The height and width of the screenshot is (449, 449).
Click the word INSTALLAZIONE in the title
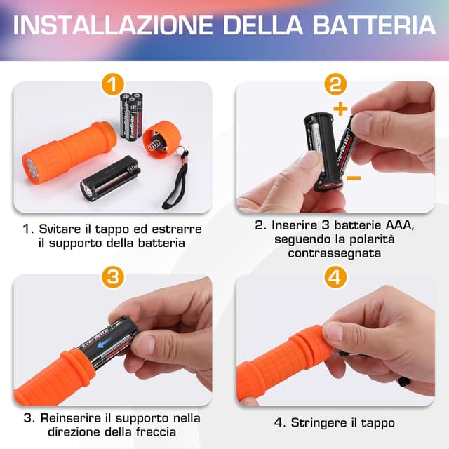(112, 25)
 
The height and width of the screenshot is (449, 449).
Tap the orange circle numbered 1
(112, 85)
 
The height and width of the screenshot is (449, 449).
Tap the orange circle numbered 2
(335, 85)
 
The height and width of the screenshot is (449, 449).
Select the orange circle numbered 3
(112, 276)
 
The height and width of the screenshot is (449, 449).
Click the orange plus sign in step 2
(341, 109)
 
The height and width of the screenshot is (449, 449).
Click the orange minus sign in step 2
(354, 178)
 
